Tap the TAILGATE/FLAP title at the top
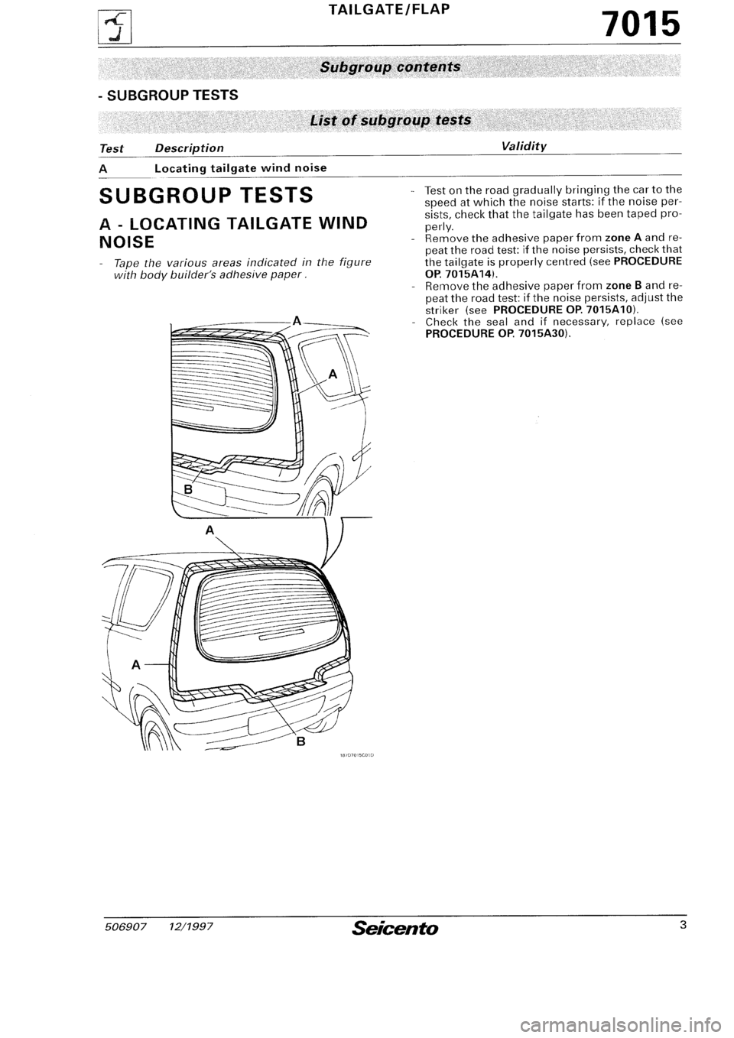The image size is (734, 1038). tap(387, 10)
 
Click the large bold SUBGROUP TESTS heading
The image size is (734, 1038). tap(205, 196)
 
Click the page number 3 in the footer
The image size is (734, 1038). tap(679, 926)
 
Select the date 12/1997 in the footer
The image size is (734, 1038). tap(190, 927)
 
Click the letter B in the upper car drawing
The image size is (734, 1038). tap(186, 487)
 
